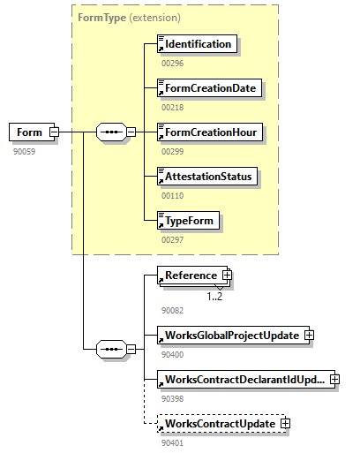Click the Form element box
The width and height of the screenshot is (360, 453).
click(29, 132)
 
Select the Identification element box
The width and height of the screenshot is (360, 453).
click(197, 43)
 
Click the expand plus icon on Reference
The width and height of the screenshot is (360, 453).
click(227, 276)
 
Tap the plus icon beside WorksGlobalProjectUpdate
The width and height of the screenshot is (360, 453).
click(309, 335)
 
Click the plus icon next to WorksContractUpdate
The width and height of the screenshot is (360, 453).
click(285, 424)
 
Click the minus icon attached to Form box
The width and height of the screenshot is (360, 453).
click(54, 132)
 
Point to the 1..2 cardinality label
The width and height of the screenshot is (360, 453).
click(215, 297)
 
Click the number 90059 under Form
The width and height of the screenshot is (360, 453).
click(25, 151)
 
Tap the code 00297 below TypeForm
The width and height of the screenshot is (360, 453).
click(172, 239)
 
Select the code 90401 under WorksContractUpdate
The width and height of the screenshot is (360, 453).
click(174, 442)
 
